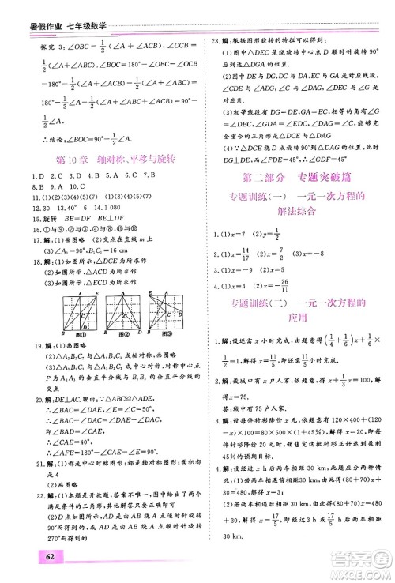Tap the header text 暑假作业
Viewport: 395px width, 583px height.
click(x=23, y=9)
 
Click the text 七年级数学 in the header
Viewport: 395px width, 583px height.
click(x=73, y=9)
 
